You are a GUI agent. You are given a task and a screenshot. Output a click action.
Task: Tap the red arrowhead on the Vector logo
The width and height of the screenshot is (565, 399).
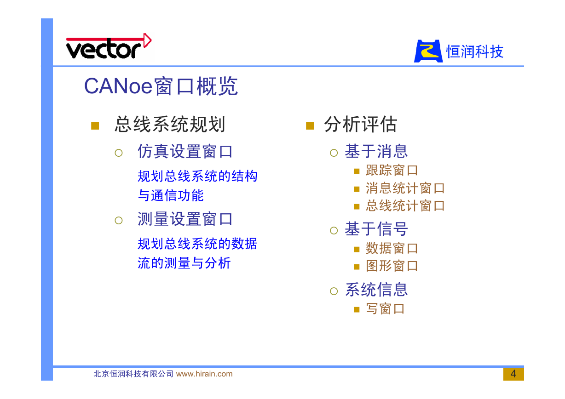coord(148,40)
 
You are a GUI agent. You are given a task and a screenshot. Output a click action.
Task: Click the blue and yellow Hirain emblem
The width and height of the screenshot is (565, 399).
coord(428,51)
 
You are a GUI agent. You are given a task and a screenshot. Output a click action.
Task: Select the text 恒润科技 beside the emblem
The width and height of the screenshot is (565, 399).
coord(475,51)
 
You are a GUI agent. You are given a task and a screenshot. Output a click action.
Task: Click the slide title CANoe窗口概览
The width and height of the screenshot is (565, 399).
coord(161,86)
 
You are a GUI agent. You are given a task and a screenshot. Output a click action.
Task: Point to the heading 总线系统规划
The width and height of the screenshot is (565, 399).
coord(170,124)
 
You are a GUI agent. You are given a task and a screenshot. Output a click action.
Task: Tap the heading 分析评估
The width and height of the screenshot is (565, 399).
coord(361,124)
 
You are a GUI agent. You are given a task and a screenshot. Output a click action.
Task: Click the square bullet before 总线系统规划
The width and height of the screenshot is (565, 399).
coord(95,125)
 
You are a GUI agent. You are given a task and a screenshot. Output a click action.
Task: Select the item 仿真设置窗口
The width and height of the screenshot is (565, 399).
coord(185,152)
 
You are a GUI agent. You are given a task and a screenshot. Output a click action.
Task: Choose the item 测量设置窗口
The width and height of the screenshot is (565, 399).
coord(185,219)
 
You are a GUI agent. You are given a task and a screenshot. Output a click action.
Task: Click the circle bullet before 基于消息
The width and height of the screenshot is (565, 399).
coord(334,153)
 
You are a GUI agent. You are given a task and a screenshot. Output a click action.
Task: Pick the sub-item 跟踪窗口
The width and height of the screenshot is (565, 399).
coord(392,171)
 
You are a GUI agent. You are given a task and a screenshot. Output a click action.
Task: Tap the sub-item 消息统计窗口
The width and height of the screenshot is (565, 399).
coord(405,188)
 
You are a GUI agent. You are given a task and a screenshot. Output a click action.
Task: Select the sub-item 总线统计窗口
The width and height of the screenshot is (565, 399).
coord(405,205)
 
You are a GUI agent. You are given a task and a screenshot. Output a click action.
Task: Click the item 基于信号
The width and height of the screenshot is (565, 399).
coord(376,229)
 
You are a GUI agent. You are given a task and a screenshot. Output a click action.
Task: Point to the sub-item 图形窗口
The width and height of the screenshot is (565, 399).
coord(392,266)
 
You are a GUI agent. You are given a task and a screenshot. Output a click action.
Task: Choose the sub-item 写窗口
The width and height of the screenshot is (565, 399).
coord(386,309)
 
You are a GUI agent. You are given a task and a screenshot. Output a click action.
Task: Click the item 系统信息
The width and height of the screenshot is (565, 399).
coord(376,290)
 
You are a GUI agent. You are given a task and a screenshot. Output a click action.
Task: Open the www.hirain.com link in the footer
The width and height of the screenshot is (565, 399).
coord(204,374)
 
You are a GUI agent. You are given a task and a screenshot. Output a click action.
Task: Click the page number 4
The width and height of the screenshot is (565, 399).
coord(513,374)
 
